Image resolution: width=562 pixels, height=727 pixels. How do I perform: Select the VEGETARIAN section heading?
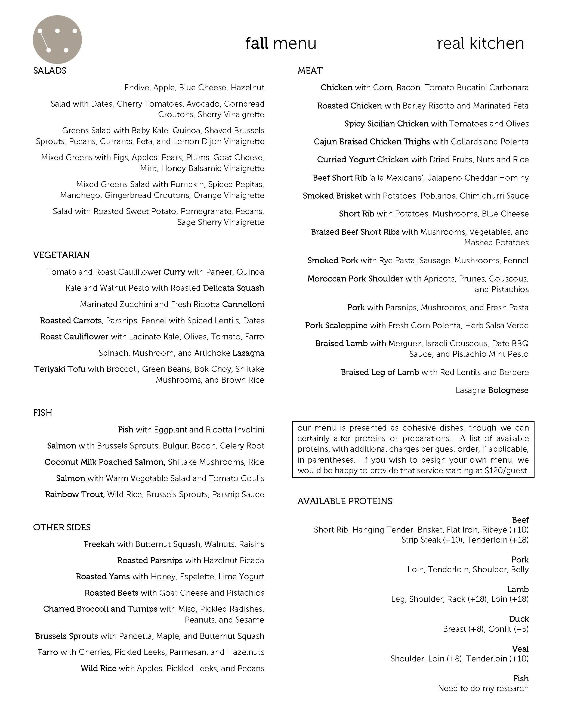tap(61, 255)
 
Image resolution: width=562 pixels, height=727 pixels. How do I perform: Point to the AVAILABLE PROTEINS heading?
tap(345, 501)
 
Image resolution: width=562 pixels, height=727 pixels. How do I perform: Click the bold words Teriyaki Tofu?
tap(60, 369)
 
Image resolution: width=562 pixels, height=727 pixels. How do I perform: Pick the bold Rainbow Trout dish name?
tap(75, 495)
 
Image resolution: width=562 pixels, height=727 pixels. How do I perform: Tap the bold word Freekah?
tap(99, 544)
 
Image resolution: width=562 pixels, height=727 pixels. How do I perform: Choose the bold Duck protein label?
tap(519, 619)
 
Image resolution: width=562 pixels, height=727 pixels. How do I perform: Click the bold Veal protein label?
tap(520, 649)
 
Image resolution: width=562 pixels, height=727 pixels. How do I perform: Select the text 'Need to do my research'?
tap(483, 688)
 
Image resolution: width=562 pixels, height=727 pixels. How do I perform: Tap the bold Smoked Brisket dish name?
tap(332, 196)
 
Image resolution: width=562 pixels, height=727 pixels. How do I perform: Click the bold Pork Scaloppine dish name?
tap(336, 326)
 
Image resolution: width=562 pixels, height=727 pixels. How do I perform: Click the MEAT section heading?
tap(310, 70)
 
